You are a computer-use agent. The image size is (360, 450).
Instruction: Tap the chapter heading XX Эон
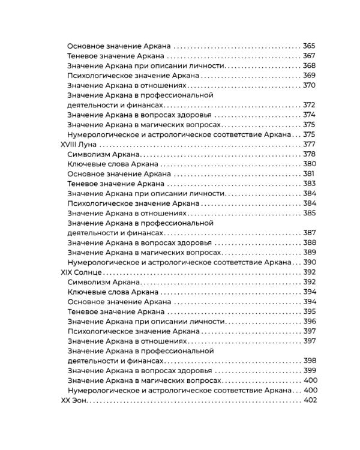pyautogui.click(x=76, y=399)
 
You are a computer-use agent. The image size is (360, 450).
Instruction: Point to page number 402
pyautogui.click(x=310, y=399)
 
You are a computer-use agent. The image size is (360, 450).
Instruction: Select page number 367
pyautogui.click(x=309, y=56)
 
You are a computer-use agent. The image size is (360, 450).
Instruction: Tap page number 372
pyautogui.click(x=309, y=105)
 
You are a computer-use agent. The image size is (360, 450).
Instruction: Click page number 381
pyautogui.click(x=310, y=173)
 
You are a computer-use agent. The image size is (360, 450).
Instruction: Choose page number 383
pyautogui.click(x=309, y=184)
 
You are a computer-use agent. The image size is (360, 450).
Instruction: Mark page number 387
pyautogui.click(x=309, y=232)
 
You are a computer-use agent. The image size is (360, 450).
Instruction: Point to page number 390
pyautogui.click(x=310, y=262)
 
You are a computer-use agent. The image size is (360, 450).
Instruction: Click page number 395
pyautogui.click(x=309, y=311)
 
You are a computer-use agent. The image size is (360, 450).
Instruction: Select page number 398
pyautogui.click(x=309, y=360)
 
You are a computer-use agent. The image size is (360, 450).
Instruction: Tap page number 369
pyautogui.click(x=309, y=76)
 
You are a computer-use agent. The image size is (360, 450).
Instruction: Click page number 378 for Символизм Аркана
pyautogui.click(x=309, y=154)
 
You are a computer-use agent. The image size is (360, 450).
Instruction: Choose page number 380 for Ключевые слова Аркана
pyautogui.click(x=309, y=164)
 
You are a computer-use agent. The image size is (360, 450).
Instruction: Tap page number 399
pyautogui.click(x=309, y=370)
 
